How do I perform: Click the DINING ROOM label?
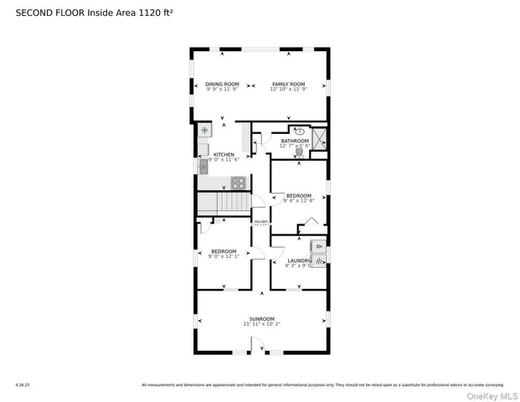(x=223, y=84)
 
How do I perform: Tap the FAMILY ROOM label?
(x=289, y=84)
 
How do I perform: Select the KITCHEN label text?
(x=224, y=154)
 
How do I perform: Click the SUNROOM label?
(x=262, y=318)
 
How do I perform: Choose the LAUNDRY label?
(x=299, y=260)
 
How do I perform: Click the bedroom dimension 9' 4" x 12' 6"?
(x=299, y=200)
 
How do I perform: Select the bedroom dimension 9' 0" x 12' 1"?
(x=224, y=257)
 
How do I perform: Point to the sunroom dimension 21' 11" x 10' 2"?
(x=262, y=324)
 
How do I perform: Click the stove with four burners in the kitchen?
(x=238, y=182)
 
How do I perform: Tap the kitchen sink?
(x=203, y=165)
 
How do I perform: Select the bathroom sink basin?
(x=299, y=131)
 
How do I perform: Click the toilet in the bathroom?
(x=299, y=152)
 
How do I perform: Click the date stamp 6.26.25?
(x=22, y=385)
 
